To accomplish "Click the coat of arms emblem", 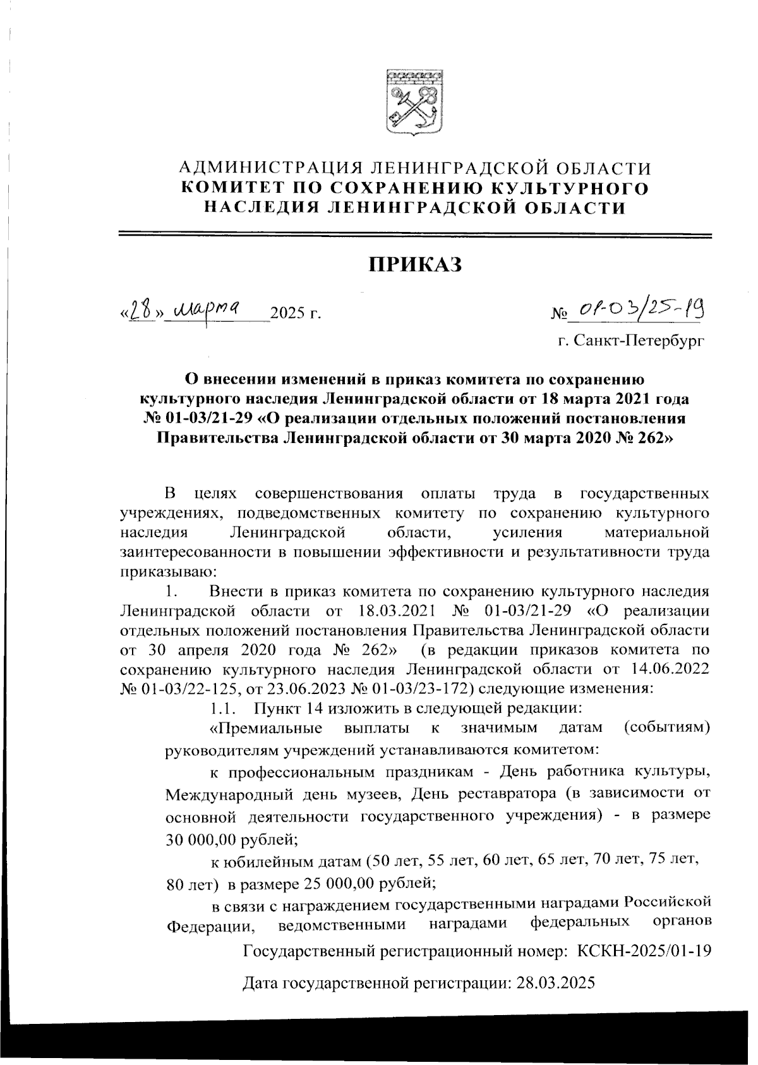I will (414, 102).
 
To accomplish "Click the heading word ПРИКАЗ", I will (416, 265).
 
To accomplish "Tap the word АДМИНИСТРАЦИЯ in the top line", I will (270, 168).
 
